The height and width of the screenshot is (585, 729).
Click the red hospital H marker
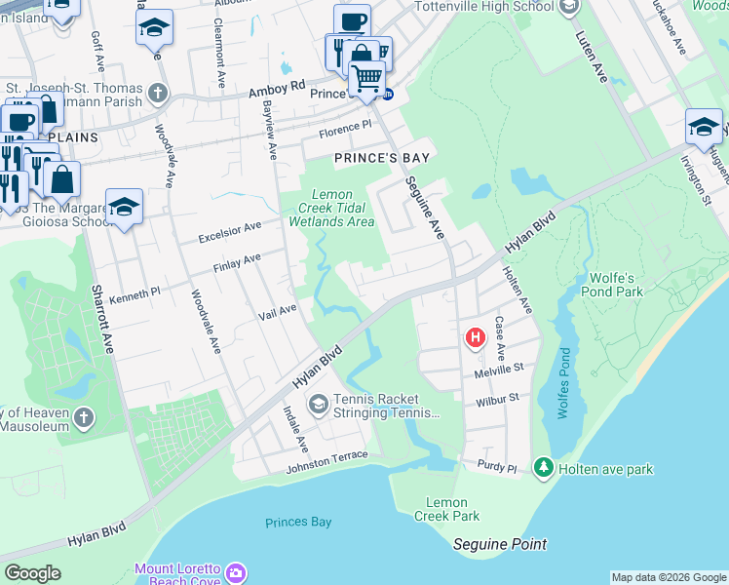click(x=476, y=338)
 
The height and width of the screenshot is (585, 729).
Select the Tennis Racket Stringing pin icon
click(x=318, y=404)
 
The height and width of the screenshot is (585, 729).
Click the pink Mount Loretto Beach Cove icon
click(x=236, y=572)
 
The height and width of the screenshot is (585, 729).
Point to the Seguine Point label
click(x=501, y=544)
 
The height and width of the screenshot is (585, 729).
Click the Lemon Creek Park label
click(x=447, y=509)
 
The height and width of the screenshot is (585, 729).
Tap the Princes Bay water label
click(x=298, y=523)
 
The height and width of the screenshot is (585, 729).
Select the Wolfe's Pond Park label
click(x=611, y=284)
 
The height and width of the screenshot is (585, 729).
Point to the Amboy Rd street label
click(x=277, y=89)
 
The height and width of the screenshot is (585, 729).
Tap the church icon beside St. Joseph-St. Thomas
click(x=157, y=94)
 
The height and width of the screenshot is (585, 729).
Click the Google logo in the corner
click(x=33, y=573)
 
